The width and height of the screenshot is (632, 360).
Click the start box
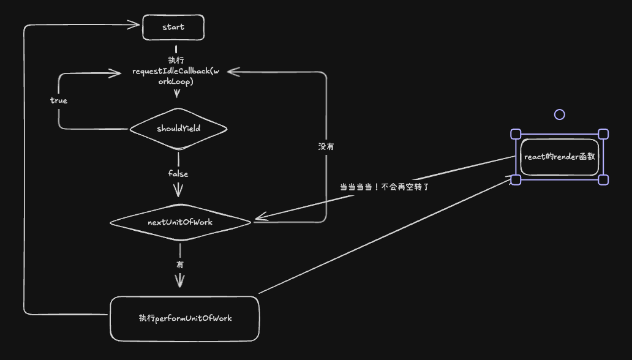pyautogui.click(x=173, y=28)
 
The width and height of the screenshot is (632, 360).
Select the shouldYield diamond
pyautogui.click(x=178, y=129)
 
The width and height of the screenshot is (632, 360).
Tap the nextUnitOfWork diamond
pyautogui.click(x=180, y=222)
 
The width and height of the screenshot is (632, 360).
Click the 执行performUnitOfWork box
pyautogui.click(x=185, y=318)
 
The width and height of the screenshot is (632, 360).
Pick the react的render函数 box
pyautogui.click(x=559, y=157)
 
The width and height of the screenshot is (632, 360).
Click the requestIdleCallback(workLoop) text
pyautogui.click(x=176, y=77)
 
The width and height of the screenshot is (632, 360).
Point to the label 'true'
pyautogui.click(x=59, y=100)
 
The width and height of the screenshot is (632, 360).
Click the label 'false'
pyautogui.click(x=178, y=174)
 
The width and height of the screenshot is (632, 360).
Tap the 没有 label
pyautogui.click(x=326, y=147)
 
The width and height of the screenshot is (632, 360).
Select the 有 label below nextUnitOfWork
pyautogui.click(x=180, y=265)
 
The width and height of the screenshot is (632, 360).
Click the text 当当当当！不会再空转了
pyautogui.click(x=385, y=187)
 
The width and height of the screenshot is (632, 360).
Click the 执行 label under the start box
pyautogui.click(x=176, y=60)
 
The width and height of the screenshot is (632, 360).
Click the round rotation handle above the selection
pyautogui.click(x=559, y=114)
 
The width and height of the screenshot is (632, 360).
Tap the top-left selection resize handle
pyautogui.click(x=516, y=134)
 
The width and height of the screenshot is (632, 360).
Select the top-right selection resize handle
pyautogui.click(x=603, y=134)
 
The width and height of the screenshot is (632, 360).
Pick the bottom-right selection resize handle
pyautogui.click(x=603, y=179)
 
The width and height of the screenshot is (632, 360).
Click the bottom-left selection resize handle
pyautogui.click(x=516, y=179)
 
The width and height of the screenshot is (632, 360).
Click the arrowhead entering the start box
pyautogui.click(x=135, y=25)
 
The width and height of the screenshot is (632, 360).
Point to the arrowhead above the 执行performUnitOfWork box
pyautogui.click(x=180, y=281)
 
